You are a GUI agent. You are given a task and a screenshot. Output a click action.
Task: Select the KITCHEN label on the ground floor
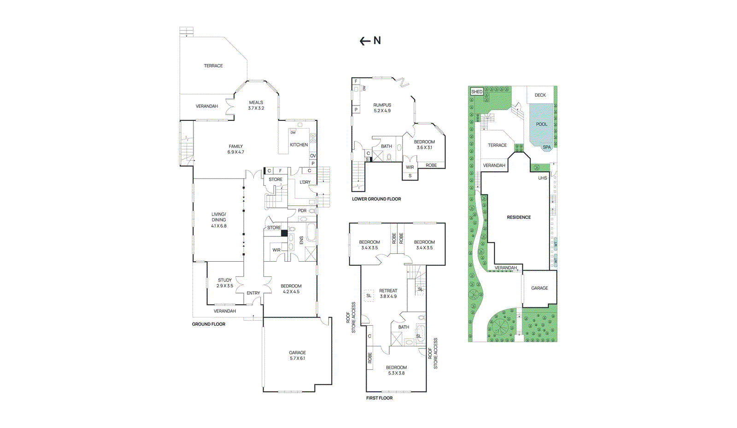point(298,145)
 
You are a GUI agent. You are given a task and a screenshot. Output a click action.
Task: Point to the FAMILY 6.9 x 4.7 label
point(235,149)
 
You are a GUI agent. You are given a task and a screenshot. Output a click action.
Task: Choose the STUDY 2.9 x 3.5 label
point(225,283)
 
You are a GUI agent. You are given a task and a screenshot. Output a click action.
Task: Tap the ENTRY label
point(253,293)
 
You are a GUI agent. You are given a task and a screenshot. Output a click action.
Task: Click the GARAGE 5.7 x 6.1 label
point(297,355)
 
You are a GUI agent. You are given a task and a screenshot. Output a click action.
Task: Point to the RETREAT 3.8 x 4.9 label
point(388,293)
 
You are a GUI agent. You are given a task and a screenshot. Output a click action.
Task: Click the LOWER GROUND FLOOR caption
point(376,199)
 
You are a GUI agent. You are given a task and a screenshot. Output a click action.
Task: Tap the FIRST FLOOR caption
point(379,398)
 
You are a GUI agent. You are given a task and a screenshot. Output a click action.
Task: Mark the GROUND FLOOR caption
point(209,324)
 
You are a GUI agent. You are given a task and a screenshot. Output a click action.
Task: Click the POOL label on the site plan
point(542,124)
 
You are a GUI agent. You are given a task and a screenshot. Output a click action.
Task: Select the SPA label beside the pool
point(547,147)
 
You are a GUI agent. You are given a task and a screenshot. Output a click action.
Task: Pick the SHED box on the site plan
point(477,92)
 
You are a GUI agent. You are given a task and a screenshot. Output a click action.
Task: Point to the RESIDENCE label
point(519,217)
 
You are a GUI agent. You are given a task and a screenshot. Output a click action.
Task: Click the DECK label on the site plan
point(540,95)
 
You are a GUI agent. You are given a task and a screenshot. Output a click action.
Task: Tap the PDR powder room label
point(302,211)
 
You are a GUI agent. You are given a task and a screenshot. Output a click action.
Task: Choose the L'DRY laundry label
point(305,182)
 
